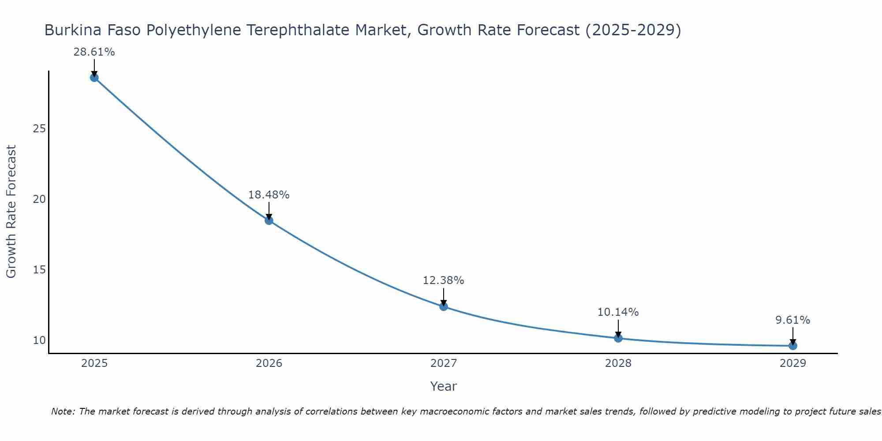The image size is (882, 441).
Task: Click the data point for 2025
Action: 94,78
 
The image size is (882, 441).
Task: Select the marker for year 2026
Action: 269,220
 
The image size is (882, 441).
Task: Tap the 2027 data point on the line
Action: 444,306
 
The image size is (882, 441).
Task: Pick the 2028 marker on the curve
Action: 618,338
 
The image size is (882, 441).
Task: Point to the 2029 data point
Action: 793,346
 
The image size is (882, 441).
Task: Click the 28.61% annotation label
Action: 94,52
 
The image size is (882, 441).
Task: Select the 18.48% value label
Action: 269,195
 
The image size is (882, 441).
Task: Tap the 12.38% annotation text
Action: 443,280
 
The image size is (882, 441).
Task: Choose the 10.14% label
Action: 618,312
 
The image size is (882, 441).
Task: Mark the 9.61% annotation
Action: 792,320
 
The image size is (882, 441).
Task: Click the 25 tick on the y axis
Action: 39,129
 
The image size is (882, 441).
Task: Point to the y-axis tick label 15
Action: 39,269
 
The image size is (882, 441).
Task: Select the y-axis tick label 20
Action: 39,199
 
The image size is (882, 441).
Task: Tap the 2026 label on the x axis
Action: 269,363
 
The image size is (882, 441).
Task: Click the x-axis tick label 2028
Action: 618,363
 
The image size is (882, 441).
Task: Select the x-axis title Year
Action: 443,386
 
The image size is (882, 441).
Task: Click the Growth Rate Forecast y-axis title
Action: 11,211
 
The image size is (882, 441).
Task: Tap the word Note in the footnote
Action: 64,411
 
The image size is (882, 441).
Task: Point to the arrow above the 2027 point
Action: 444,296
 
